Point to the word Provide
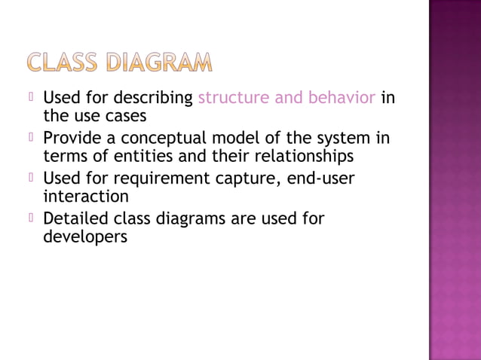point(75,139)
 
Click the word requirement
point(155,179)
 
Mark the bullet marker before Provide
point(32,138)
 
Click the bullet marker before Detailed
point(32,218)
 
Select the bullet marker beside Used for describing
point(32,98)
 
